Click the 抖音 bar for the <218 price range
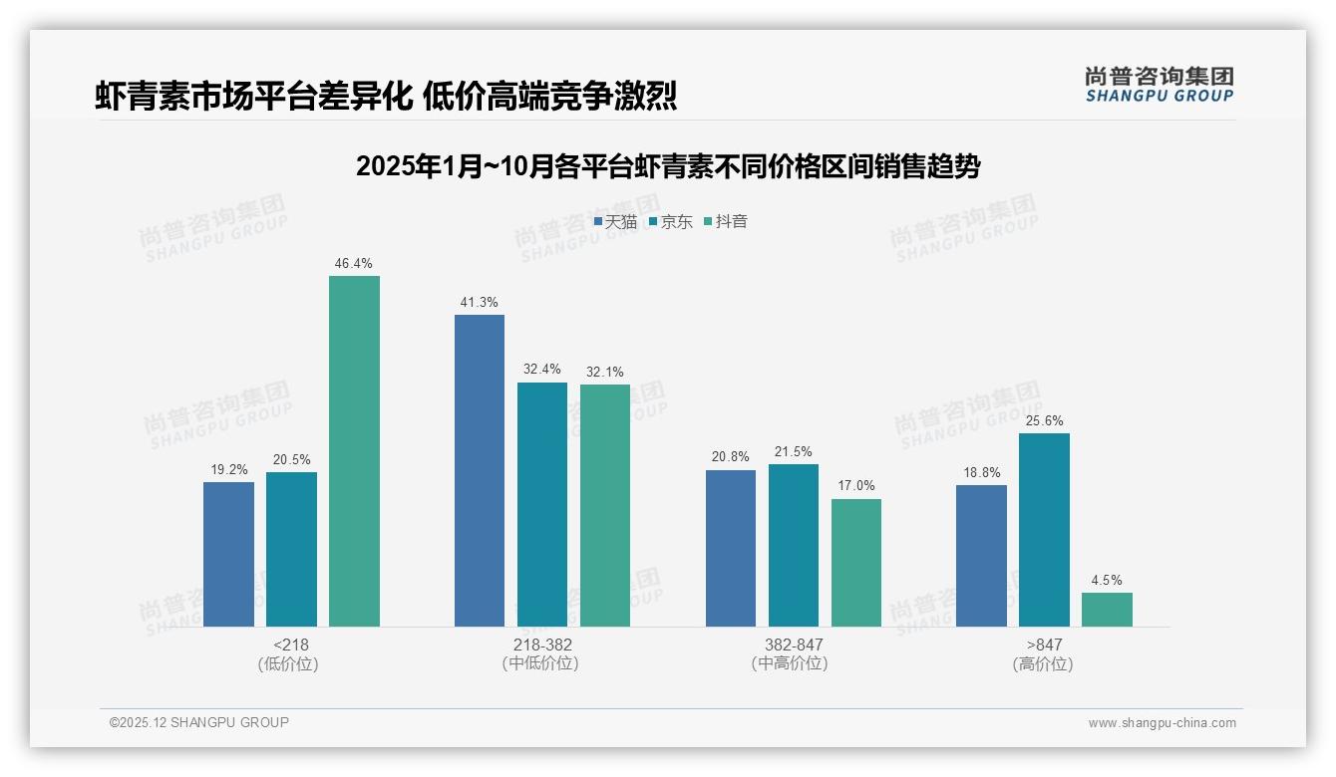[354, 451]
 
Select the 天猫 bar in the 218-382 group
[480, 470]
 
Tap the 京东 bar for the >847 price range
[1044, 530]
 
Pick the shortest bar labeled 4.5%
[1107, 610]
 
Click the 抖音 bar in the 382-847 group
[856, 563]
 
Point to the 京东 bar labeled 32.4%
[542, 504]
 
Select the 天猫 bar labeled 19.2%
[228, 554]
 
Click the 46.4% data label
[354, 264]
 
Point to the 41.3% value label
[480, 303]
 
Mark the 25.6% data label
[1044, 421]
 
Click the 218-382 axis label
[542, 646]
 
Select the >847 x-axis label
[1044, 646]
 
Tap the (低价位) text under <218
[288, 664]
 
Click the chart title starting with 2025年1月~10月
[668, 166]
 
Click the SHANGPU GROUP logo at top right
[1159, 85]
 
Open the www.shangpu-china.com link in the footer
[1162, 723]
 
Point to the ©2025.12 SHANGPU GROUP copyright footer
[199, 723]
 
